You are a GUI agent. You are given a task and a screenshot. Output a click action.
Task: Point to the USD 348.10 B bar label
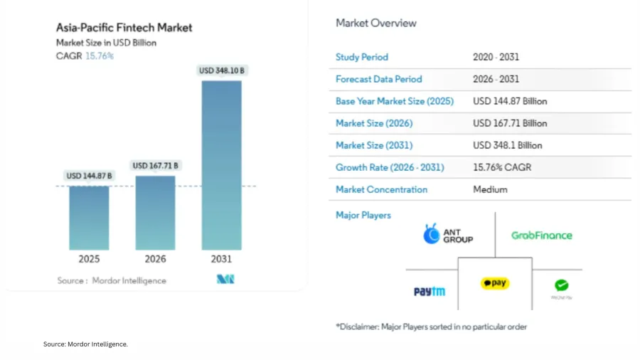(222, 70)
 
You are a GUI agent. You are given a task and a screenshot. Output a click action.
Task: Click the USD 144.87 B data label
(90, 176)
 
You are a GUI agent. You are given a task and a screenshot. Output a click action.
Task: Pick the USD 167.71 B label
(156, 166)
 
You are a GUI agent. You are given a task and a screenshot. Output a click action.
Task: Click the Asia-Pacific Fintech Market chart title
(124, 28)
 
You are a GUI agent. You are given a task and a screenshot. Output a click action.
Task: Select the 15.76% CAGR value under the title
(100, 56)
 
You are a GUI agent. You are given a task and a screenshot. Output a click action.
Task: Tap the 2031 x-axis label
(222, 259)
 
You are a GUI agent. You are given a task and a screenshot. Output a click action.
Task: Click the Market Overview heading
(376, 23)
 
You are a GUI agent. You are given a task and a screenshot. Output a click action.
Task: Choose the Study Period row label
(362, 57)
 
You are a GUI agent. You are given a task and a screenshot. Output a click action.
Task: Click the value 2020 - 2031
(496, 57)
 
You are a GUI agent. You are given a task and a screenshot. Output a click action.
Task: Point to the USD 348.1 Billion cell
(508, 145)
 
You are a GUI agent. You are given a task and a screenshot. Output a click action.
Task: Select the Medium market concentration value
(490, 189)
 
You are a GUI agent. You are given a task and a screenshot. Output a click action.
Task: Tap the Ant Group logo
(448, 235)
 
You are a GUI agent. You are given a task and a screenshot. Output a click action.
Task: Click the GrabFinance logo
(541, 235)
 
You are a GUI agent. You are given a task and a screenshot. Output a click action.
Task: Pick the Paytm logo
(430, 291)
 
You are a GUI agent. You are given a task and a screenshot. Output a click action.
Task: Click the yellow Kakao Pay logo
(495, 283)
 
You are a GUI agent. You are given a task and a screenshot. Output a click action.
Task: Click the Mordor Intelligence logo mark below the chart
(225, 280)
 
